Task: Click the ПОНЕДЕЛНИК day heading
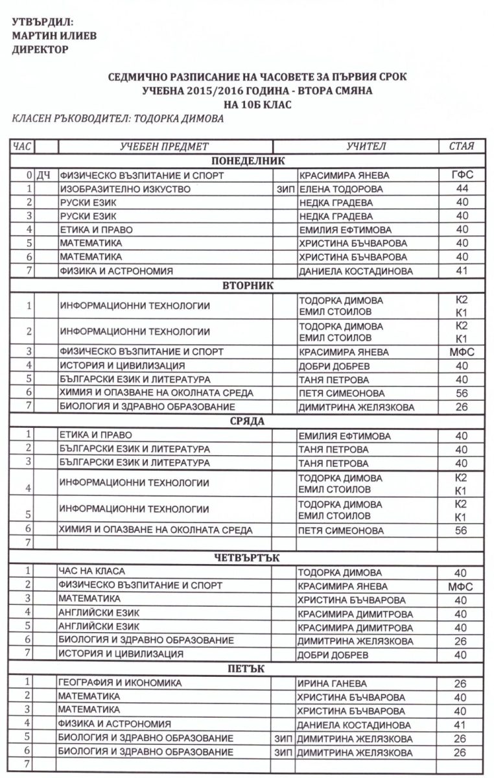pos(248,161)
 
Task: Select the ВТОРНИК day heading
pos(248,285)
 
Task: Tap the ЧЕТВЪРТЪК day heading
pos(248,558)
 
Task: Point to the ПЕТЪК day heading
pos(248,668)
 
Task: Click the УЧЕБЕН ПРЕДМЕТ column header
pos(165,147)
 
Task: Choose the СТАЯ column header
pos(461,147)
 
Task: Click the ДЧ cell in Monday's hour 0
pos(43,175)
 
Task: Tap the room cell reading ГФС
pos(461,175)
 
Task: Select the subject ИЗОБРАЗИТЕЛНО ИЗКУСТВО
pos(125,189)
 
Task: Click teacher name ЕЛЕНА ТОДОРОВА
pos(340,189)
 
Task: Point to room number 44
pos(461,189)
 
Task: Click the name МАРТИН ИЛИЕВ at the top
pos(54,36)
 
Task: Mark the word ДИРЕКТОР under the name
pos(40,49)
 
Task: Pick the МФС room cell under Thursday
pos(461,586)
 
